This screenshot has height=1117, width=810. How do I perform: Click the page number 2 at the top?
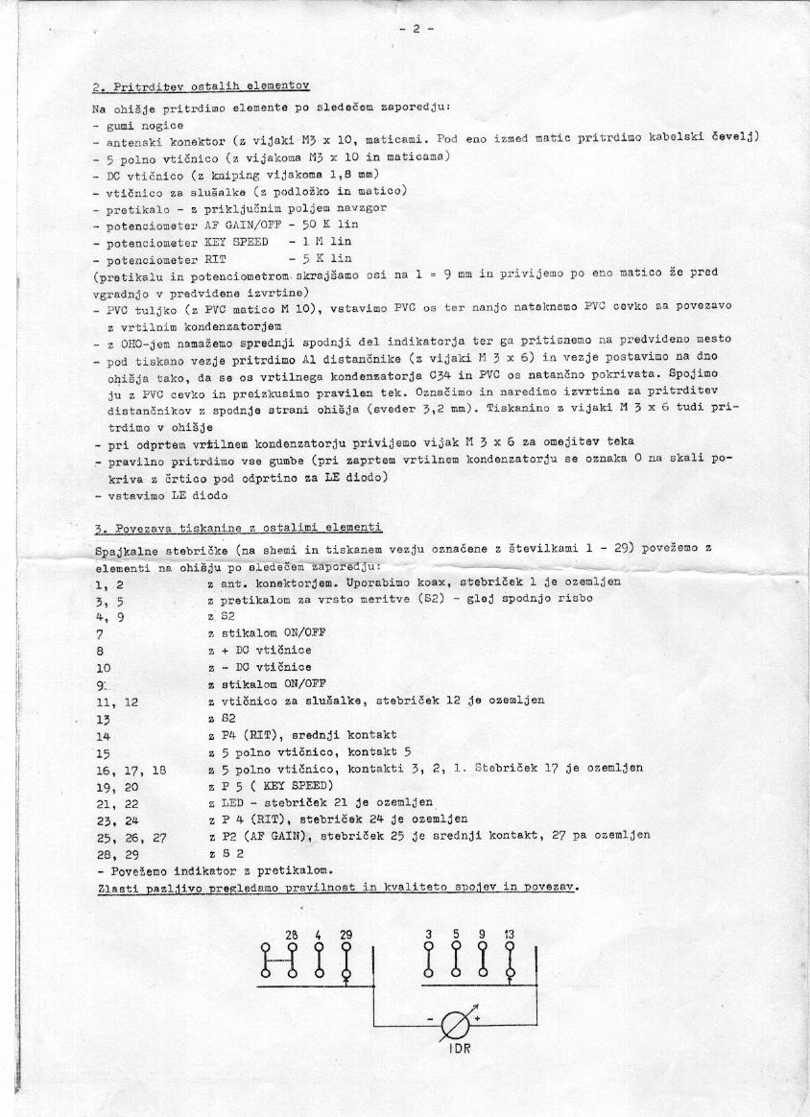point(417,29)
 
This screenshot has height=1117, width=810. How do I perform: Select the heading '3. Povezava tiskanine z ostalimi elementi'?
point(239,529)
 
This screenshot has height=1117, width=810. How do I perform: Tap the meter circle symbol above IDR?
point(453,1023)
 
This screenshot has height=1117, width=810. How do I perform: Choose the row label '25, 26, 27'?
point(131,836)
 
